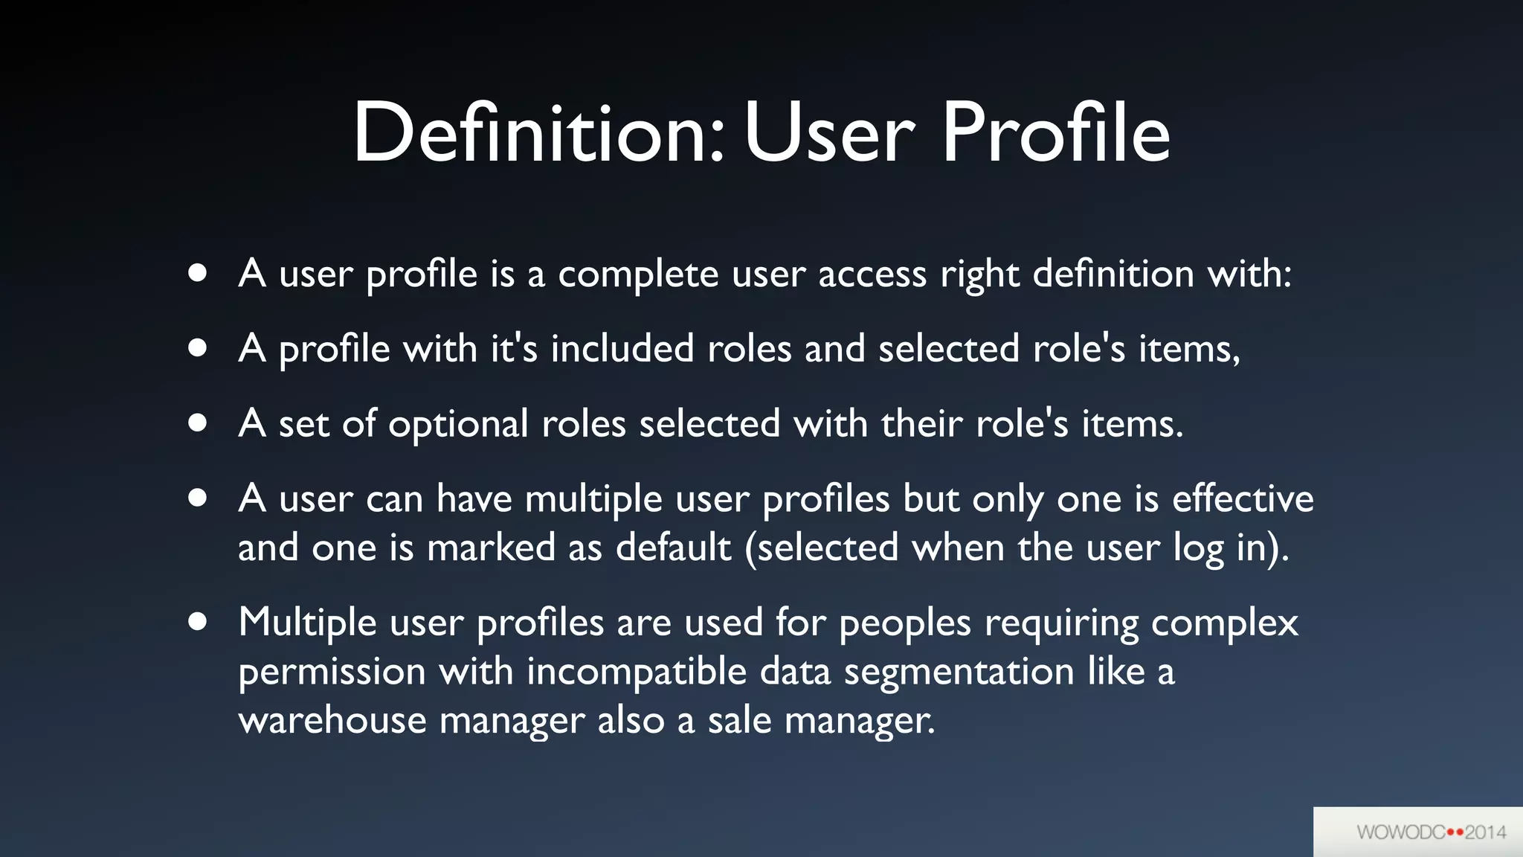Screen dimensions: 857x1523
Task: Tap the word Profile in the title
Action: (x=1056, y=134)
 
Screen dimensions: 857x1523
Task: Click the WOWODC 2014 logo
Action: (x=1431, y=832)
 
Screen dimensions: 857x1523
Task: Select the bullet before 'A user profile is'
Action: (x=197, y=273)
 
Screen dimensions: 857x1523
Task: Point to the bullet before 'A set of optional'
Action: (x=197, y=423)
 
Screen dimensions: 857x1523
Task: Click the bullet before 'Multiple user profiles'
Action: (x=197, y=621)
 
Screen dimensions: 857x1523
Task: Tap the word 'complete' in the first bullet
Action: (x=638, y=275)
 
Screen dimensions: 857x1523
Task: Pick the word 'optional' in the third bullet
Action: (x=458, y=425)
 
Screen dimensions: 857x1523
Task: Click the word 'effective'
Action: (x=1243, y=498)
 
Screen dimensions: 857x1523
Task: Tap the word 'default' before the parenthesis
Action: (x=674, y=547)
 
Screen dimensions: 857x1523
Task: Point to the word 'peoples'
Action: (x=904, y=623)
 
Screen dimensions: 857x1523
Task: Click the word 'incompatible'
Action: (x=637, y=672)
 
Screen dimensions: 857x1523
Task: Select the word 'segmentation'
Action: (x=959, y=672)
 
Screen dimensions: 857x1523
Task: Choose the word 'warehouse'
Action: (x=332, y=720)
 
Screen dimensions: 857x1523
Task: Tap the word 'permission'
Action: (x=332, y=672)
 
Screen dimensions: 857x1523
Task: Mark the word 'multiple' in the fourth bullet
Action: (x=593, y=499)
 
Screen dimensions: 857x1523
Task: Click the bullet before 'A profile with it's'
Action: (x=197, y=348)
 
